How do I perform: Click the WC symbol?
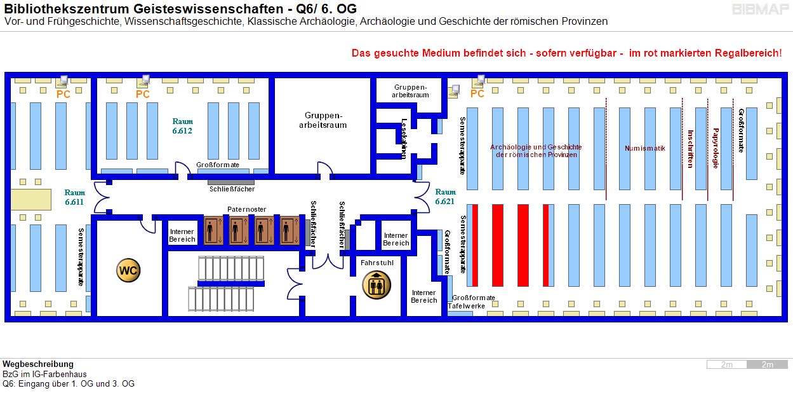(x=128, y=270)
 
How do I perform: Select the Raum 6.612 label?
(x=182, y=126)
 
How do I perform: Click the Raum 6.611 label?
(x=74, y=197)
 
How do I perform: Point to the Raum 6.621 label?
(x=445, y=196)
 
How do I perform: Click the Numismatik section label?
(x=644, y=148)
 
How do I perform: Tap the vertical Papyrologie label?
(x=716, y=148)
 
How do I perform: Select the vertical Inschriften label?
(x=690, y=148)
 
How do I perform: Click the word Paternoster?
(x=247, y=209)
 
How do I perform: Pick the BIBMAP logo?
(x=759, y=10)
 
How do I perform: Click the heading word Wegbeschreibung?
(x=38, y=364)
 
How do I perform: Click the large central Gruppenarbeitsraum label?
(x=323, y=120)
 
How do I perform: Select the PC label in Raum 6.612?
(x=143, y=94)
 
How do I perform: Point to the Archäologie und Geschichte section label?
(x=536, y=151)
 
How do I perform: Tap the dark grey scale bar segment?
(x=767, y=364)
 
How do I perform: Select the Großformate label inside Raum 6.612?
(x=218, y=165)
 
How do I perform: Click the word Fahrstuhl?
(x=374, y=262)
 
